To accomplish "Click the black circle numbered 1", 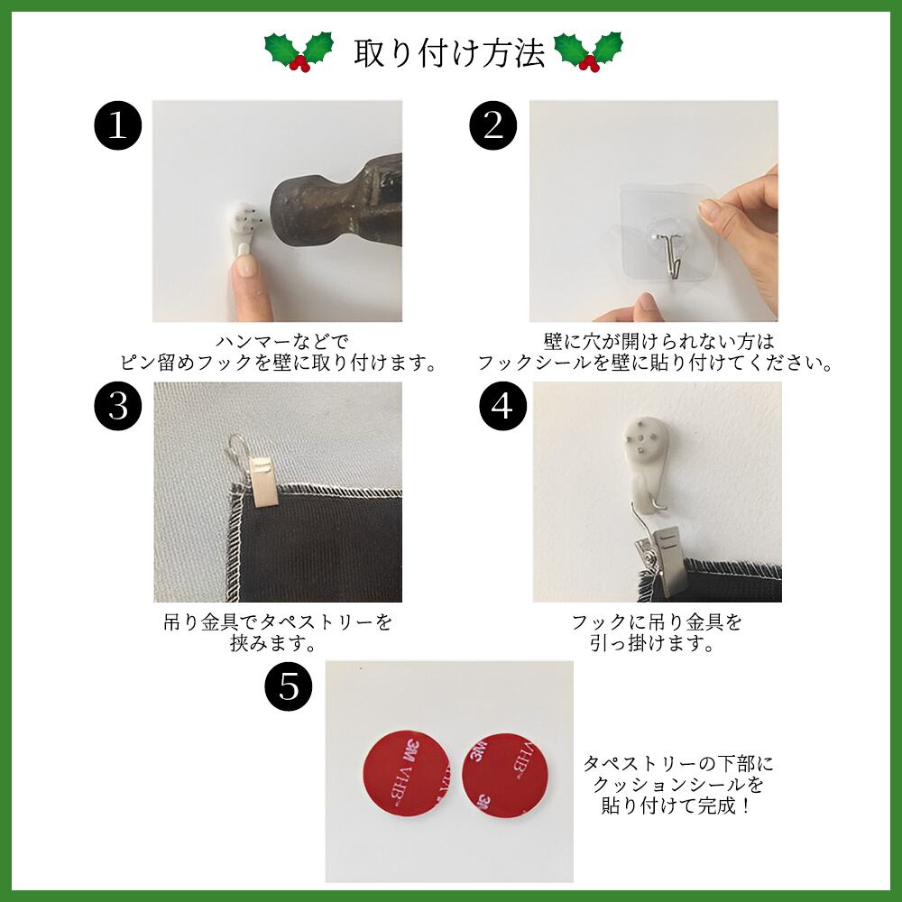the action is tap(118, 125).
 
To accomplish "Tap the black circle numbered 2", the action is tap(493, 125).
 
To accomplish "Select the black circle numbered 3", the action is tap(118, 406).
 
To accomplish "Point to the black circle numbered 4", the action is tap(502, 406).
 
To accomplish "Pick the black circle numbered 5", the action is tap(289, 686).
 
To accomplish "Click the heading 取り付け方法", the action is tap(448, 53).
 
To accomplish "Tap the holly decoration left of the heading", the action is tap(299, 51).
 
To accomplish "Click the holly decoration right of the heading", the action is tap(588, 51).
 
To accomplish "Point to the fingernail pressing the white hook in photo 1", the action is tap(245, 265).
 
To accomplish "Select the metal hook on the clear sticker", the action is tap(671, 254).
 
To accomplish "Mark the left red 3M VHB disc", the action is tap(407, 773).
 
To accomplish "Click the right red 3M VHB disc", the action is tap(505, 774).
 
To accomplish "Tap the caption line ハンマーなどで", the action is tap(281, 342).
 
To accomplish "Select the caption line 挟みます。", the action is tap(272, 643).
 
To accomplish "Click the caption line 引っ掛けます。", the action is tap(652, 643).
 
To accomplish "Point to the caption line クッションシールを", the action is tap(678, 785).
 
